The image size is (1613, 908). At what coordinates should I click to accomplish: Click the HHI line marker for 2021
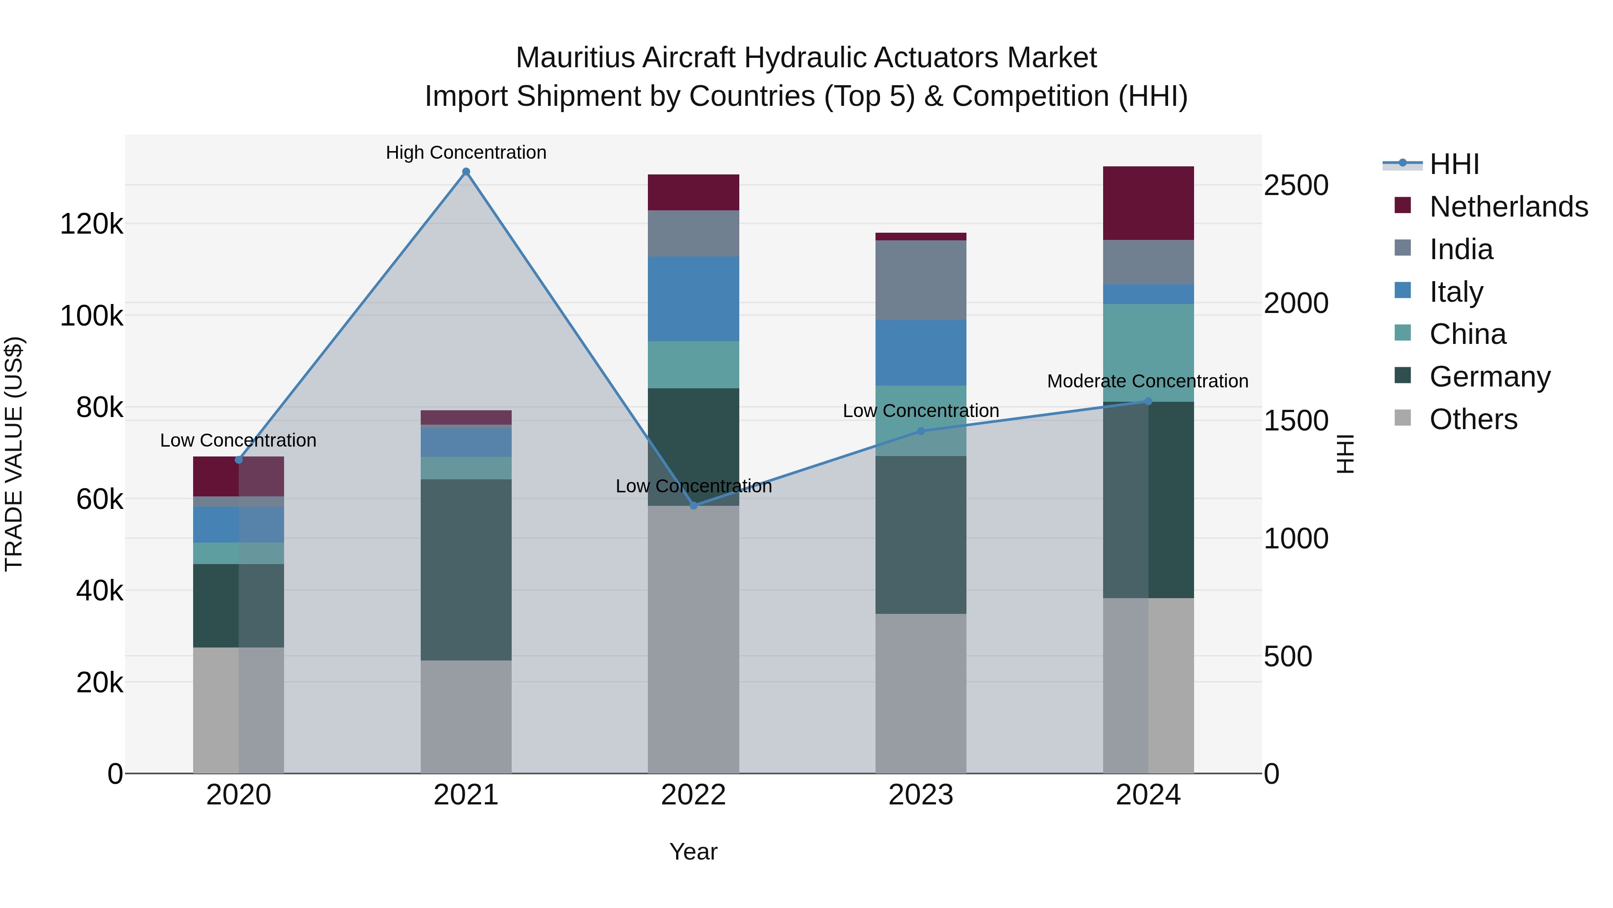tap(466, 172)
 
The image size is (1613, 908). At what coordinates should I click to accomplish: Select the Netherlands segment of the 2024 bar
tap(1148, 203)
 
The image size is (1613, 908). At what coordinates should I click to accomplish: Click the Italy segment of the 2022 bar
tap(693, 299)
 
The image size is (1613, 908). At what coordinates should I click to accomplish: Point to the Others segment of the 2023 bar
tap(920, 693)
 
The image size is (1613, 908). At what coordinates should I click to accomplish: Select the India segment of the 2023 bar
tap(920, 280)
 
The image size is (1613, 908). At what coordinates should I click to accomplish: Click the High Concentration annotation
tap(466, 152)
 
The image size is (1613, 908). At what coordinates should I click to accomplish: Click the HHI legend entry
tap(1454, 164)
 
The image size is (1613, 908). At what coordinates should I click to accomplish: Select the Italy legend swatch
tap(1402, 291)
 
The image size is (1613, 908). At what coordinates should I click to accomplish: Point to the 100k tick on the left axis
tap(91, 316)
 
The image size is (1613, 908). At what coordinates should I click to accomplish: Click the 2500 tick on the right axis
tap(1295, 186)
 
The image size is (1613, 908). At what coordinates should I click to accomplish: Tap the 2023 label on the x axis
tap(920, 795)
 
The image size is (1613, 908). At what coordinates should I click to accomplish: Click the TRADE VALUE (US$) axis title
tap(14, 454)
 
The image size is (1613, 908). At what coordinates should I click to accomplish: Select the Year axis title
tap(693, 852)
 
